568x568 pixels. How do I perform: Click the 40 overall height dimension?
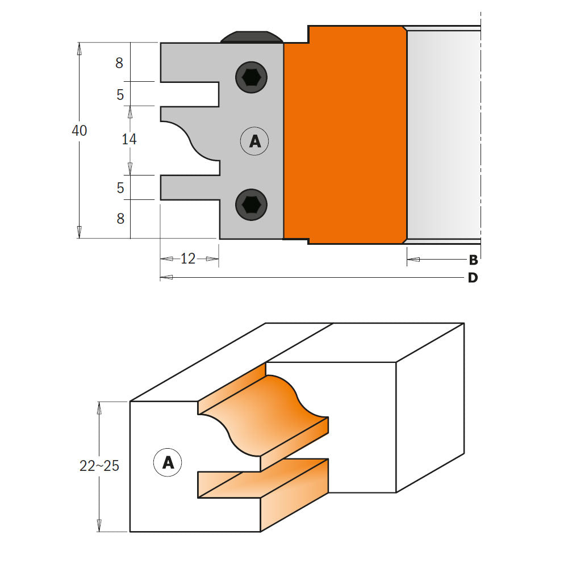point(80,131)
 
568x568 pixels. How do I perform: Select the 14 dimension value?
point(130,139)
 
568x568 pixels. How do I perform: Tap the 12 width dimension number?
point(188,259)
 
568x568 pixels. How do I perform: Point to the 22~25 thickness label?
point(99,466)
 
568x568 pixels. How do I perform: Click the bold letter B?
point(473,261)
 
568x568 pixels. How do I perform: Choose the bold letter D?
point(473,278)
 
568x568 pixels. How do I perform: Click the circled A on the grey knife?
point(254,141)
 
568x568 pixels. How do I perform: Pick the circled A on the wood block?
point(168,462)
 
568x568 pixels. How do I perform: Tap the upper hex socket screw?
point(251,77)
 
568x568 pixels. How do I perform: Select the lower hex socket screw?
point(251,203)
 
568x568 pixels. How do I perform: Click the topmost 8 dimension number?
point(119,63)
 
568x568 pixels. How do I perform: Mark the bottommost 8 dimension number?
point(120,218)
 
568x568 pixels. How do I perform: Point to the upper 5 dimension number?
point(120,94)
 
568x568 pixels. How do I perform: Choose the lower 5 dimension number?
point(120,187)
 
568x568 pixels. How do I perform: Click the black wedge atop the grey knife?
point(252,37)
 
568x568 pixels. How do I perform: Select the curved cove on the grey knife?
point(193,141)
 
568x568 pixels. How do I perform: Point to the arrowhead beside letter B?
point(413,260)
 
